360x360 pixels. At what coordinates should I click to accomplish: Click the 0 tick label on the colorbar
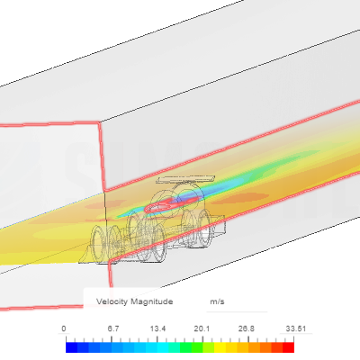point(64,328)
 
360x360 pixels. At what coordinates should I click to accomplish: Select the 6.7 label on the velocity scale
point(113,328)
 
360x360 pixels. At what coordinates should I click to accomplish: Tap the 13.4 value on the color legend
point(157,328)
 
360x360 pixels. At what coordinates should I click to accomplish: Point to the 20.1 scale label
point(202,328)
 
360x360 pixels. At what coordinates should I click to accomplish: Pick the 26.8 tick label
point(247,328)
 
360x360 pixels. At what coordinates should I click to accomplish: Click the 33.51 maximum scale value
point(296,328)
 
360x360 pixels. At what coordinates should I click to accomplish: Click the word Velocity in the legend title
point(112,301)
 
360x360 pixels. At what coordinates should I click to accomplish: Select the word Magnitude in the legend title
point(152,301)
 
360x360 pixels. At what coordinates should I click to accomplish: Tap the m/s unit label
point(217,301)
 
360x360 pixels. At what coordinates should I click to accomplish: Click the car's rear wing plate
point(185,179)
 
